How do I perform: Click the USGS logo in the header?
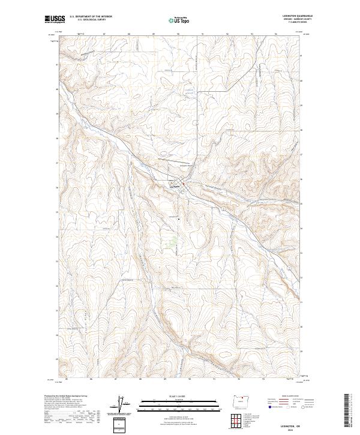55,19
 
